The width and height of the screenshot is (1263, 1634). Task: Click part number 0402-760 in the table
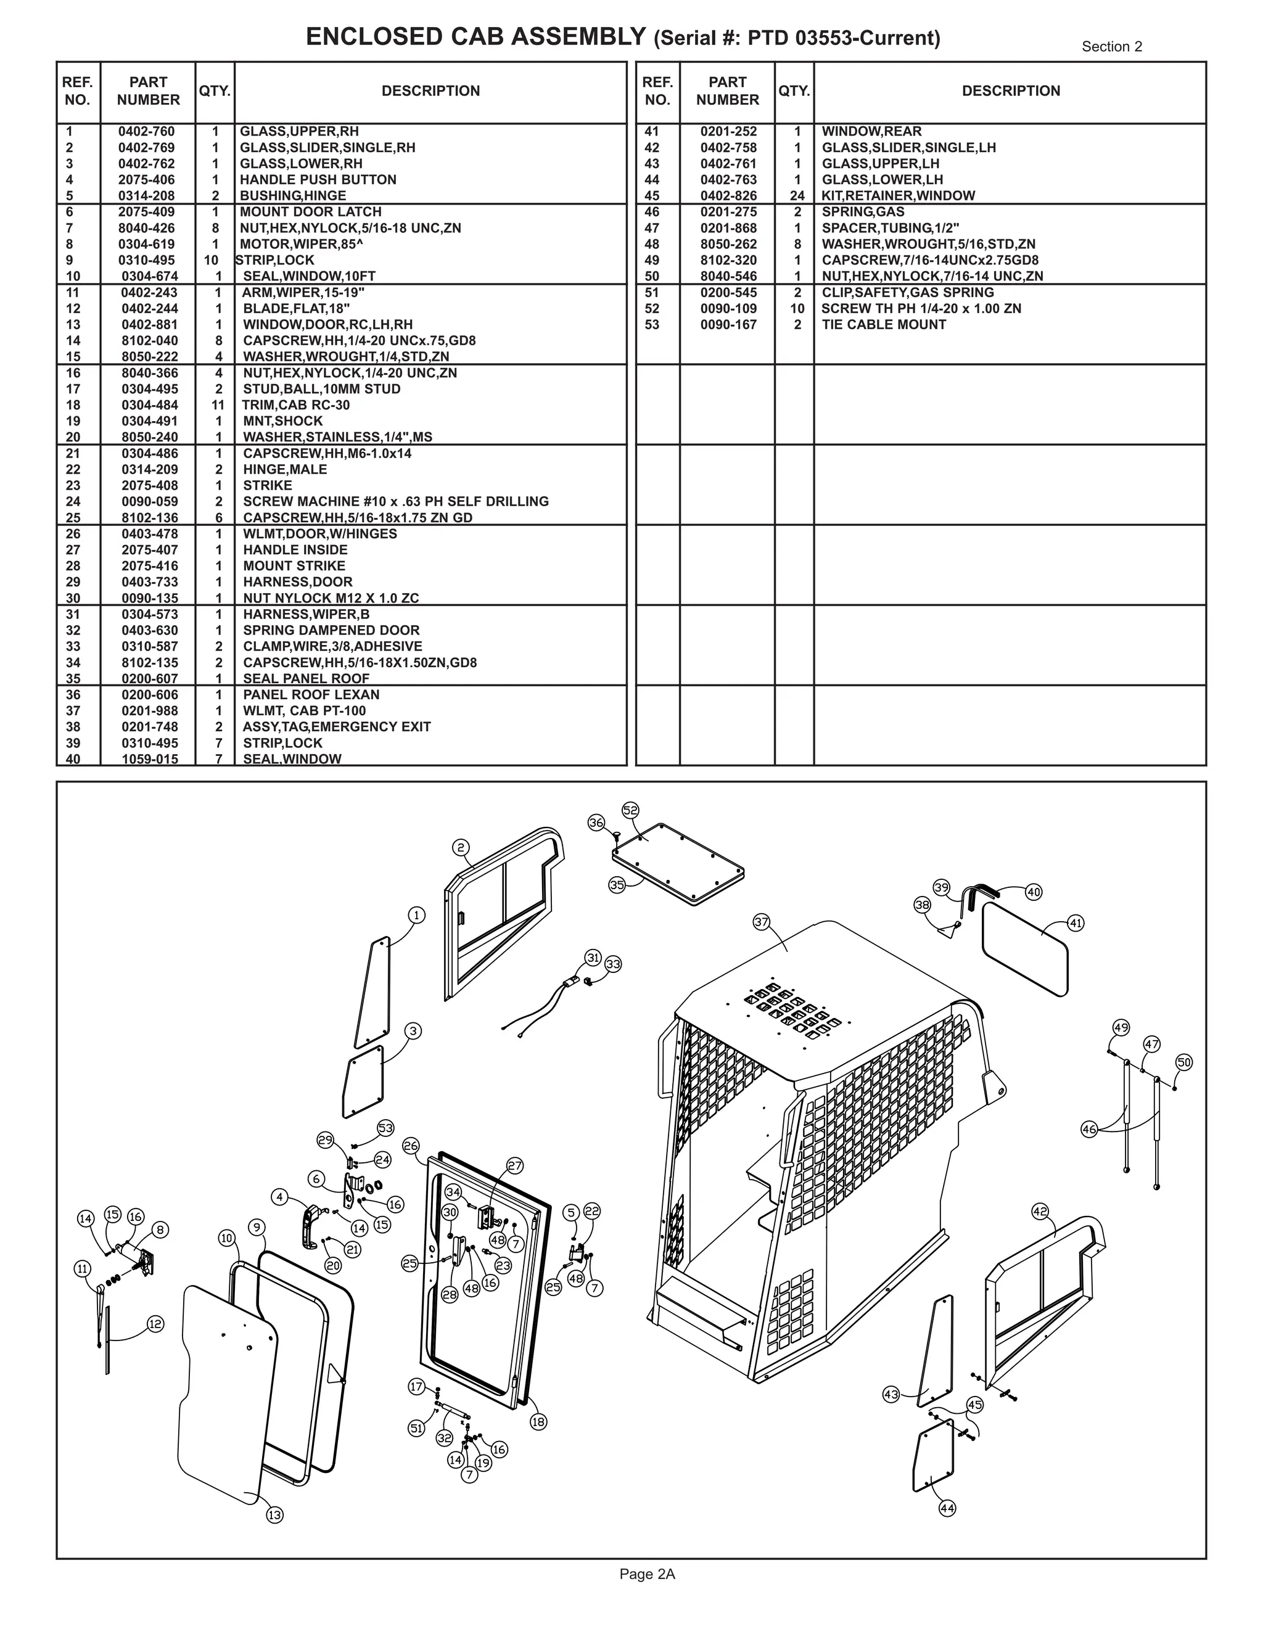point(147,132)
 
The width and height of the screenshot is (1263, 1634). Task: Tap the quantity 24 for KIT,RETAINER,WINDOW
point(797,196)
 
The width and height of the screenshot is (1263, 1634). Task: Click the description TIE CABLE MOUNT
point(884,325)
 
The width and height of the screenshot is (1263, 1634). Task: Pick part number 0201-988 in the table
point(150,711)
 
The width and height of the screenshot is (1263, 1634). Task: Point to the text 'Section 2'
point(1111,46)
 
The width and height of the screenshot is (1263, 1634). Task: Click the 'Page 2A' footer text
point(647,1574)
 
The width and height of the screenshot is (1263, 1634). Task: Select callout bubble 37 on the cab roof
point(762,922)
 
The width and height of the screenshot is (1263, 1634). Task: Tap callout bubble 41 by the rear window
point(1075,923)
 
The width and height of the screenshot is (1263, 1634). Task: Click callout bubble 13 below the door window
point(274,1515)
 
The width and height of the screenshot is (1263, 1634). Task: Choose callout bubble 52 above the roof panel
point(631,810)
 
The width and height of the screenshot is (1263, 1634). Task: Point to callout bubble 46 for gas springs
point(1090,1129)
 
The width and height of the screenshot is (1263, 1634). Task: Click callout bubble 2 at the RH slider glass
point(461,848)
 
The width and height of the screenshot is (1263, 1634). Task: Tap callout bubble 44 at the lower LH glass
point(947,1508)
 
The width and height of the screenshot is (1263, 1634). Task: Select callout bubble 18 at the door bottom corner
point(538,1421)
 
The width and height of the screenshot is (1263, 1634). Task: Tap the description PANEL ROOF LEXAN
point(311,695)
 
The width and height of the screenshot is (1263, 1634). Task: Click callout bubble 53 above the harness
point(385,1128)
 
